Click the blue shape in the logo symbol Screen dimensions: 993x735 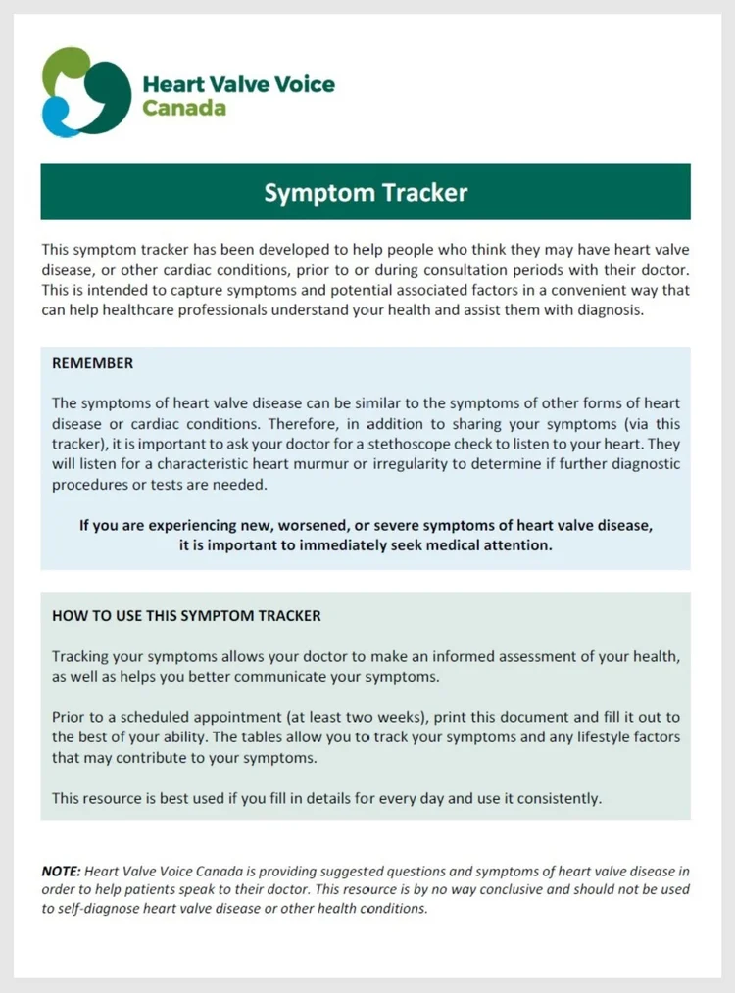point(55,119)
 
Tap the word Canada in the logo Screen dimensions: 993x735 point(184,107)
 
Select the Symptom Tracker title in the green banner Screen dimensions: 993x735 point(366,192)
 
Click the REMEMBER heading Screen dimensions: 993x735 point(92,363)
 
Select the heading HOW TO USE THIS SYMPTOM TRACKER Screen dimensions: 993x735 point(186,616)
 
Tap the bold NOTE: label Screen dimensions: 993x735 point(61,871)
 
